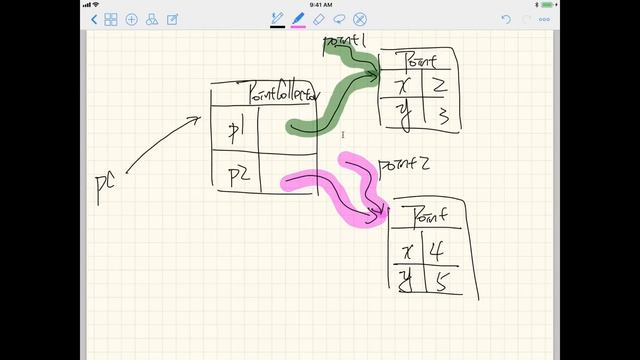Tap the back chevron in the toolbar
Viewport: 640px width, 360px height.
(94, 19)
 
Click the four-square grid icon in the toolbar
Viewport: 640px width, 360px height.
(111, 19)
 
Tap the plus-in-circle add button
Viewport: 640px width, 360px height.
(131, 19)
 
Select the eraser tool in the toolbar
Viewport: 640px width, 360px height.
(318, 19)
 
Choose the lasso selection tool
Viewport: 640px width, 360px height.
(339, 19)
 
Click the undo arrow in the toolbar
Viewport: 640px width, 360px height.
(507, 19)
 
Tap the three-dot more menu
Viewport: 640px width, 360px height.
(544, 19)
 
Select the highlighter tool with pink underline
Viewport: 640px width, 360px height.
(298, 19)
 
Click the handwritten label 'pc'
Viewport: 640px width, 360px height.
(104, 188)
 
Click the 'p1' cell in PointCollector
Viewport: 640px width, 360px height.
(235, 129)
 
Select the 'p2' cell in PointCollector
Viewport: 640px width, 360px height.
(237, 175)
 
